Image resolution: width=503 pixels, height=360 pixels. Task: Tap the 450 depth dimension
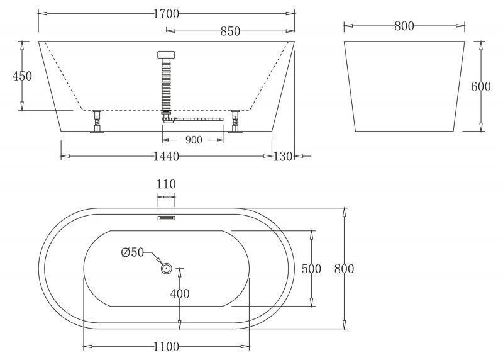tap(22, 76)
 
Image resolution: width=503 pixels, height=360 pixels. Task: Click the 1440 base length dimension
tap(166, 156)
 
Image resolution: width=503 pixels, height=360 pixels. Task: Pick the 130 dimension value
tap(283, 156)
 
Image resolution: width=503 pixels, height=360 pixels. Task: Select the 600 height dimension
tap(481, 87)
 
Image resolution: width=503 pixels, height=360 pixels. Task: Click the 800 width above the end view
tap(404, 26)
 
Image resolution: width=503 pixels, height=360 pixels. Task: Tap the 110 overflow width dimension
tap(166, 184)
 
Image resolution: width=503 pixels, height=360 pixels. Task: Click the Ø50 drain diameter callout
tap(133, 253)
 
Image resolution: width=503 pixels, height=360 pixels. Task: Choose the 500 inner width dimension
tap(311, 269)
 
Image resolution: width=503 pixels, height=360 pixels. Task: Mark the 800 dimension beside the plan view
tap(344, 269)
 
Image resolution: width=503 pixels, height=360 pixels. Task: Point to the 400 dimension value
tap(180, 294)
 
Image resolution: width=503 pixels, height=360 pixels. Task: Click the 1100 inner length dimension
tap(166, 347)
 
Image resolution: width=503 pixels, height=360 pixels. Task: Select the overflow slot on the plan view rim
tap(166, 218)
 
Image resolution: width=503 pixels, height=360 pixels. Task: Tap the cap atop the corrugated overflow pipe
tap(166, 55)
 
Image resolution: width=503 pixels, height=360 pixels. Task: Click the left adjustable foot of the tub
tap(97, 121)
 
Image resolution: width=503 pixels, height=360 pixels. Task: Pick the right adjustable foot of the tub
tap(235, 121)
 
